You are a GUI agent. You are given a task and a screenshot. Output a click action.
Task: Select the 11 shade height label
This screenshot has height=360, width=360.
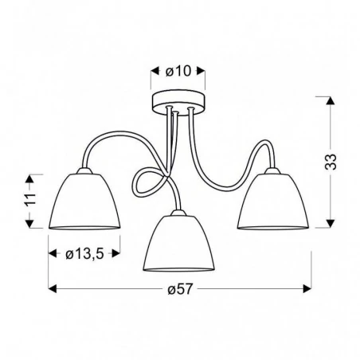pos(29,201)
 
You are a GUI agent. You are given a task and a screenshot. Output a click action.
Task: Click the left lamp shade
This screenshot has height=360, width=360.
pos(84,202)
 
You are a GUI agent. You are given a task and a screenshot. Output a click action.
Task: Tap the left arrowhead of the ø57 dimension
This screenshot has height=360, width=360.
pos(53,288)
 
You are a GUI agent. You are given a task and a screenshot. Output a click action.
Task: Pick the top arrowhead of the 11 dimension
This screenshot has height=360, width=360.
pos(30,175)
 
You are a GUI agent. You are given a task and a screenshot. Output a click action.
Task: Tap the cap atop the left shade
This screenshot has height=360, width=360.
pos(84,170)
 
